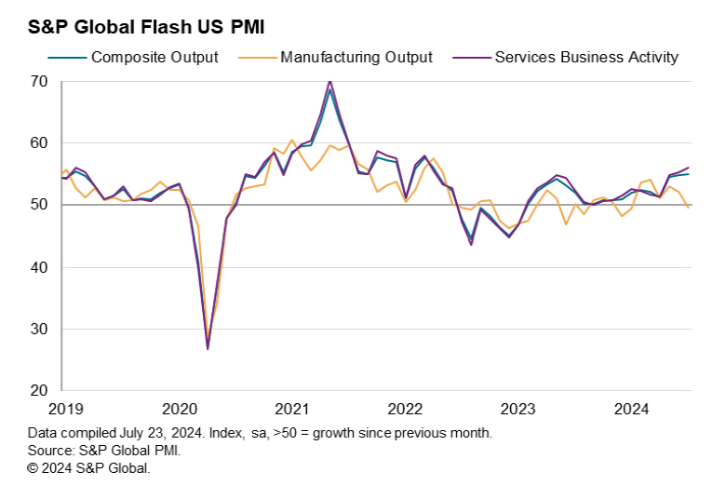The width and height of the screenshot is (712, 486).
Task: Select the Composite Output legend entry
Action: (154, 57)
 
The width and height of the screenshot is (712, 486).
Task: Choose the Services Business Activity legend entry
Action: (586, 57)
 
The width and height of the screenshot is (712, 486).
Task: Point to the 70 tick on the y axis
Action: (38, 81)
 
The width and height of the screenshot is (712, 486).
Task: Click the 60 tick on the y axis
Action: (38, 143)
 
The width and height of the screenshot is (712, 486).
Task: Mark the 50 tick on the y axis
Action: (38, 205)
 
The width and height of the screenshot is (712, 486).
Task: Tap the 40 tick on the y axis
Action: (38, 267)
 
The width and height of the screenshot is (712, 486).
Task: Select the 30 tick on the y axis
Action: (38, 329)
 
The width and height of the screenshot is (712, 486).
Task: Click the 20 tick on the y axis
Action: (38, 391)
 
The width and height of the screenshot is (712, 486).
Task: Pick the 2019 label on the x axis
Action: (67, 409)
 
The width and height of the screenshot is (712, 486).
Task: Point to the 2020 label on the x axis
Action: (180, 409)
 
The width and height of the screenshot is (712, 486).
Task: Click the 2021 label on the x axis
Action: (292, 409)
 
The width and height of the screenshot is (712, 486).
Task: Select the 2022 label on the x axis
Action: (405, 409)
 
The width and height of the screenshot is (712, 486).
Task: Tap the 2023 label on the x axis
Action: (518, 409)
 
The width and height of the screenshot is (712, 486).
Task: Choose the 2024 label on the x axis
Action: (631, 409)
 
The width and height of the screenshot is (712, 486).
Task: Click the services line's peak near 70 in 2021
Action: (329, 82)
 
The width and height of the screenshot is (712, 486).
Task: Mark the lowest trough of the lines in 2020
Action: (208, 348)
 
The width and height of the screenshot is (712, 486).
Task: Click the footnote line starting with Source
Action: (104, 451)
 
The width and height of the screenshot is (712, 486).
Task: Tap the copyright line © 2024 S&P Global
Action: (89, 467)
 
